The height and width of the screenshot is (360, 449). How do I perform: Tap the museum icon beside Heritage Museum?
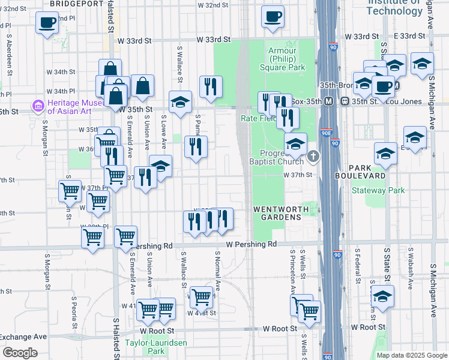(x=38, y=107)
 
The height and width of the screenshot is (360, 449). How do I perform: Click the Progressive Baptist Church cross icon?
(x=313, y=157)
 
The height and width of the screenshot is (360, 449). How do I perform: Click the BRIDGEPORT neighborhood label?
(x=77, y=4)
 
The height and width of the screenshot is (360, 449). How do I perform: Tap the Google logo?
(x=20, y=353)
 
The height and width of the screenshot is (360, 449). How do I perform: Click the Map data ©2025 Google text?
(x=412, y=355)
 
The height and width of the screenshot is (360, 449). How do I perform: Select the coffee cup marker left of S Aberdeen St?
(x=46, y=24)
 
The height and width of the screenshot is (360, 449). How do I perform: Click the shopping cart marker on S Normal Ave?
(x=202, y=296)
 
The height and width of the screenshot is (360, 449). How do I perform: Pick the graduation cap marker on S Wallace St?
(x=179, y=102)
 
